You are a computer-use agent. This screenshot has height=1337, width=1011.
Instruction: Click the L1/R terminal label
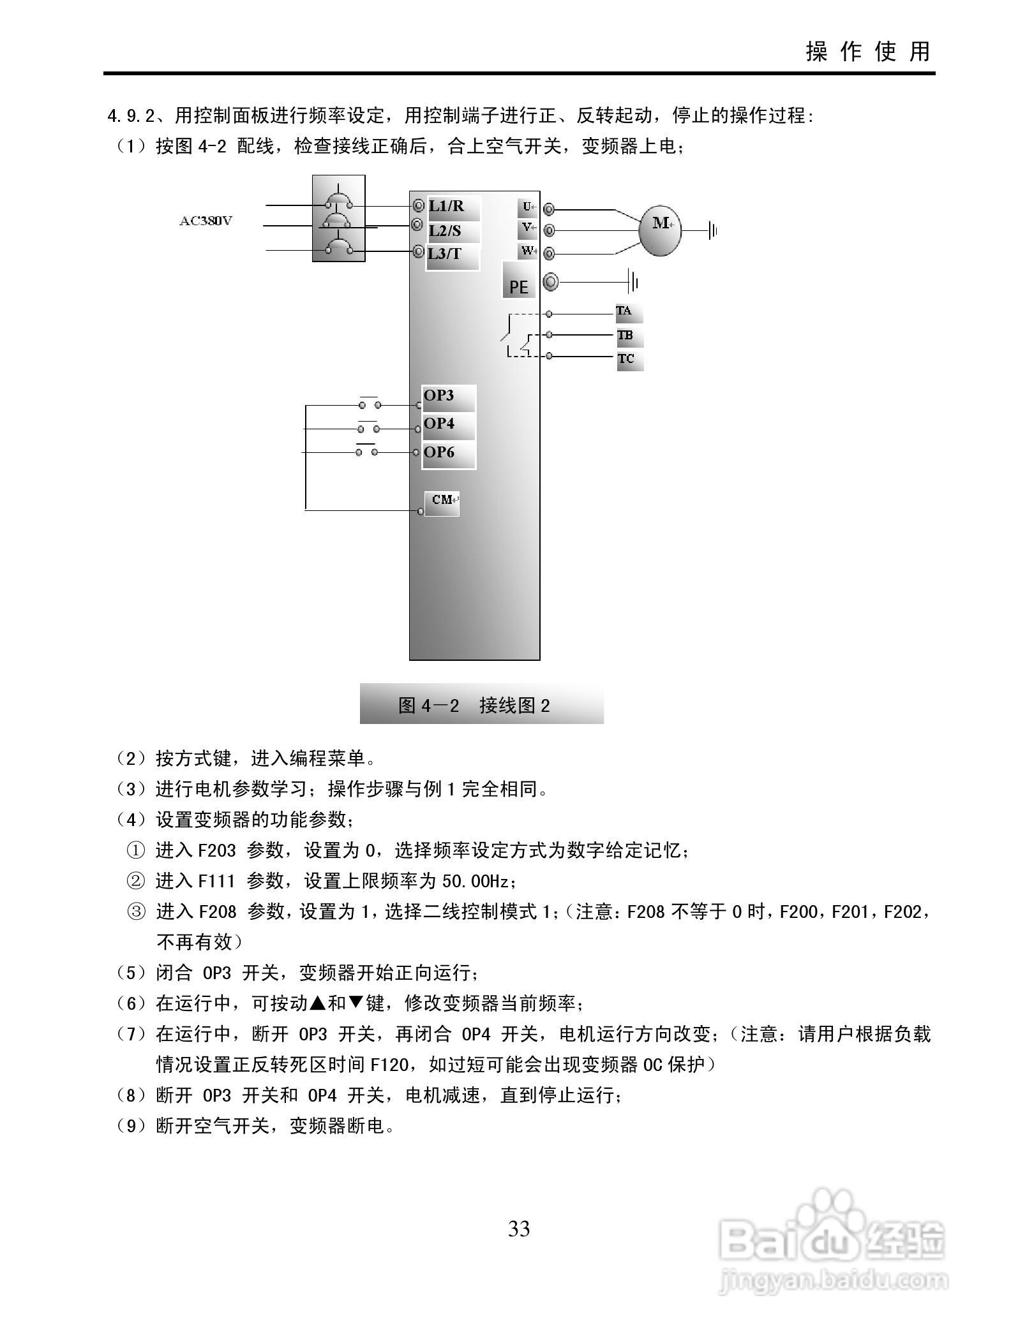[x=447, y=207]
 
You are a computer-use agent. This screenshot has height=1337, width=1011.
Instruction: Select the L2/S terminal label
[x=445, y=231]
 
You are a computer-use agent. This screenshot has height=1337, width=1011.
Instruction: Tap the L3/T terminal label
[x=445, y=254]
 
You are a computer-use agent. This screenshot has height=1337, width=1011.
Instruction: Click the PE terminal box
[x=518, y=281]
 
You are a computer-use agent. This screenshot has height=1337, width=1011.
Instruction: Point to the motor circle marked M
[x=661, y=230]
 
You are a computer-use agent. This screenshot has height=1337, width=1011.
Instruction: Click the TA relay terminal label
[x=625, y=312]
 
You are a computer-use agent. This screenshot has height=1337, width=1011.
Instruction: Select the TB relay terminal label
[x=626, y=336]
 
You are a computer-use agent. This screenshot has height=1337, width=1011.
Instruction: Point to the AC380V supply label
[x=206, y=221]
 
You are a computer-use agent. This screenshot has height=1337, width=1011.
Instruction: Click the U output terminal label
[x=527, y=207]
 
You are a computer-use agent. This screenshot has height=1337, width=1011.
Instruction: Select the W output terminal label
[x=527, y=251]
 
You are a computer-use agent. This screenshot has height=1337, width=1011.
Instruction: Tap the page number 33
[x=518, y=1228]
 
